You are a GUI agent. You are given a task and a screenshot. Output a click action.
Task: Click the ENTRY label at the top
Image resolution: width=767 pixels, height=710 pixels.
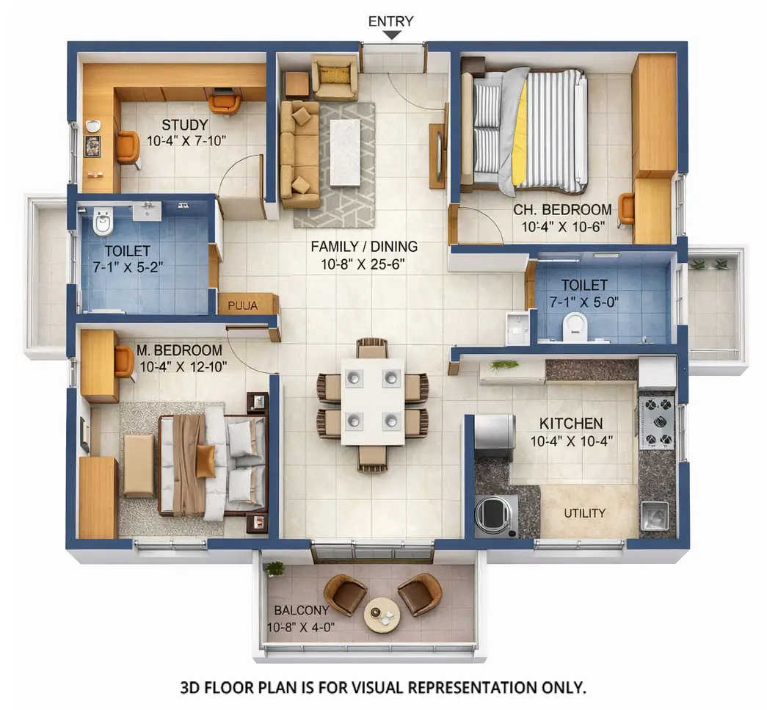[390, 21]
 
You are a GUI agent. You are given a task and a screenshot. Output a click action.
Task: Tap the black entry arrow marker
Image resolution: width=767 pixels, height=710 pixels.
[392, 35]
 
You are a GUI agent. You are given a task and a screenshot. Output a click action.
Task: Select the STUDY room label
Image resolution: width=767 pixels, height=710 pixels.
[184, 125]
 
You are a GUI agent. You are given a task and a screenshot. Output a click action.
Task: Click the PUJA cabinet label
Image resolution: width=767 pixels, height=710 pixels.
[242, 305]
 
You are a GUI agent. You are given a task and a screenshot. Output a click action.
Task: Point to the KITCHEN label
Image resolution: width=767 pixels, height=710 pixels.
[571, 424]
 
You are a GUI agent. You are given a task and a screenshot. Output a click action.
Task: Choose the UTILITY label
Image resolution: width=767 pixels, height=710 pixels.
[584, 512]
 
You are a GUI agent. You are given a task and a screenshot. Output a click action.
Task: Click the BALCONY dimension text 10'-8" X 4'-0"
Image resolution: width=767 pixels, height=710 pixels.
[301, 627]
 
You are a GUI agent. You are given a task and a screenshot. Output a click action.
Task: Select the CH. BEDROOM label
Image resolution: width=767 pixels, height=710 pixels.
[562, 209]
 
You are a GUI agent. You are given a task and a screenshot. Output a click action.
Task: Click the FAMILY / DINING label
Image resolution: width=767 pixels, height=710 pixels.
[364, 247]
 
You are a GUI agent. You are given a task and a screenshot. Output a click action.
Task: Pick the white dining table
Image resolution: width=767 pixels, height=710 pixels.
[372, 401]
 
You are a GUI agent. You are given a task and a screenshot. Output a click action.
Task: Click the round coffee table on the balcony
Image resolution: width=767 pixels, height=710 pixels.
[382, 615]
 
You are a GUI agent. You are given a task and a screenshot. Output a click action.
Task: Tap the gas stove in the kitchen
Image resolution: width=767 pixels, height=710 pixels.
[656, 421]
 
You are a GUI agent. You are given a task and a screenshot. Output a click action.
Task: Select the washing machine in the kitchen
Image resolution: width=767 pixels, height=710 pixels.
[495, 515]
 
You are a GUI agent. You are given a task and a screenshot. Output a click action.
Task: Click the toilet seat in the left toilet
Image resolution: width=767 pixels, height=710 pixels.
[103, 221]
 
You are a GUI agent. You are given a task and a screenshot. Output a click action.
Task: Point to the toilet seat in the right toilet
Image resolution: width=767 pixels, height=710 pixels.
[575, 327]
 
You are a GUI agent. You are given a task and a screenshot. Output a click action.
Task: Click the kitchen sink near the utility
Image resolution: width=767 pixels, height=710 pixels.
[654, 515]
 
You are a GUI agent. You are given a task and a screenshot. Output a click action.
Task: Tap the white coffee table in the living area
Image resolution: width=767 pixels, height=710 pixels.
[344, 152]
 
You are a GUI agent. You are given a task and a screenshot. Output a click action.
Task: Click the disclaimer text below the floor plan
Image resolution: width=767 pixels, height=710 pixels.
[383, 688]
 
